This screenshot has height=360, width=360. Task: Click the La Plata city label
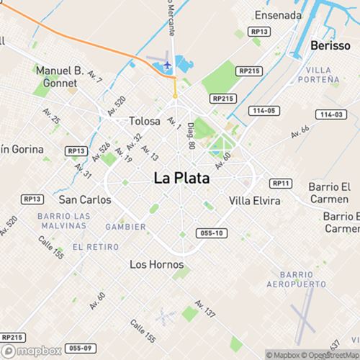(x=181, y=179)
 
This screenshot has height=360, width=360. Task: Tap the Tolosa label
(x=144, y=121)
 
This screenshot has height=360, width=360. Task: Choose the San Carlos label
(x=85, y=199)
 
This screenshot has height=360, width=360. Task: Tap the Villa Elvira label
(x=255, y=200)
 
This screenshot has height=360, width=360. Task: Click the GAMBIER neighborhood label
(x=125, y=227)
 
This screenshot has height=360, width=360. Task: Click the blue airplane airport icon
(x=167, y=66)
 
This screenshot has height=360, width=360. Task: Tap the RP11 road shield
(x=280, y=184)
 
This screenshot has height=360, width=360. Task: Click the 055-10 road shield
(x=212, y=233)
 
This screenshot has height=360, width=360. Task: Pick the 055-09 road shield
(x=82, y=348)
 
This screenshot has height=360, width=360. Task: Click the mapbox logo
(x=32, y=351)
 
